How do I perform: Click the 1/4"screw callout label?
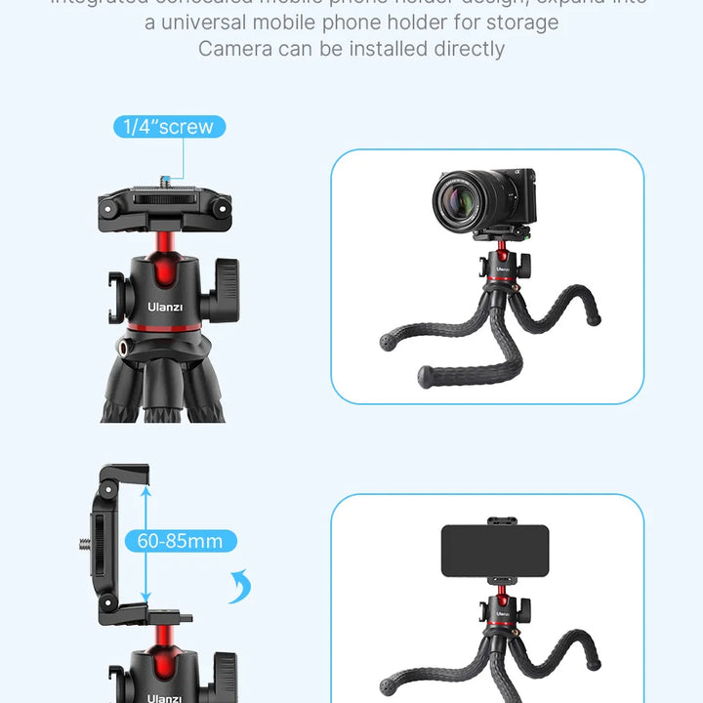(x=170, y=126)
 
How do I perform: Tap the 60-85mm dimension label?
(x=180, y=541)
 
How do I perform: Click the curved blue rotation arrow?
(x=240, y=588)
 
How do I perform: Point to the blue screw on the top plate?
(x=165, y=179)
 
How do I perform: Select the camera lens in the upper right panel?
(x=460, y=198)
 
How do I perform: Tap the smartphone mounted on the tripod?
(x=494, y=551)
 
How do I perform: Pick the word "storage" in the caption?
(x=523, y=21)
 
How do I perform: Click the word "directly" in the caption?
(x=465, y=48)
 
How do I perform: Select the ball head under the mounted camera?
(x=499, y=264)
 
